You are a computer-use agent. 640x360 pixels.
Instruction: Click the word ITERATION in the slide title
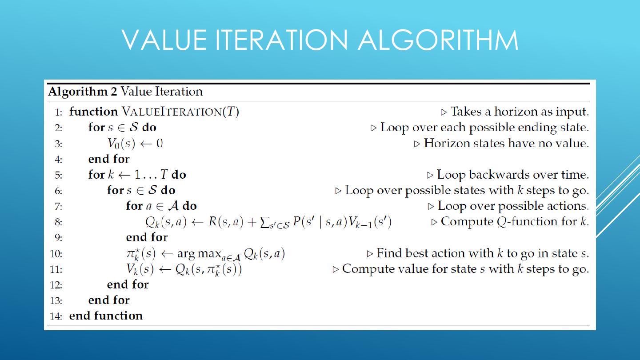coord(281,40)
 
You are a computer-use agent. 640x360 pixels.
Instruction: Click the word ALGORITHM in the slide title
coord(438,40)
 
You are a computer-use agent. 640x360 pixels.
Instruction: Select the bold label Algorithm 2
coord(83,92)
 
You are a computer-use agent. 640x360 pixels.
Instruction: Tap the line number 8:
coord(58,222)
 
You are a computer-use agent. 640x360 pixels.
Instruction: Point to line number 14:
coord(56,316)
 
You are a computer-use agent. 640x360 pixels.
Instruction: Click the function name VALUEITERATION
coord(172,112)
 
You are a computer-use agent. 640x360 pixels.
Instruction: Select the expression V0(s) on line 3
coord(121,143)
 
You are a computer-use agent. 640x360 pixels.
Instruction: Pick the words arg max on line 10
coord(199,253)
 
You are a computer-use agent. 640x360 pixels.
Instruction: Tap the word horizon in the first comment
coord(516,112)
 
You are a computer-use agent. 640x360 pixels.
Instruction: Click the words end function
coord(106,316)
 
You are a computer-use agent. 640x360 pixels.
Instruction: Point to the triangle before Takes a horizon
coord(444,112)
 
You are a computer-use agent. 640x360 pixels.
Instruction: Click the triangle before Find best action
coord(370,254)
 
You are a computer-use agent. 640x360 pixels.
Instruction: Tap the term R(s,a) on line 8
coord(226,222)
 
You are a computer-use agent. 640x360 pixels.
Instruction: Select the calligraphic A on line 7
coord(173,206)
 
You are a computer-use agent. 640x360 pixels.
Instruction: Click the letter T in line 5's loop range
coord(164,175)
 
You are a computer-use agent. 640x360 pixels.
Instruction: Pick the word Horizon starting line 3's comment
coord(447,143)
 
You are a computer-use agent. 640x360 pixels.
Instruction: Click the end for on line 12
coord(128,284)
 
